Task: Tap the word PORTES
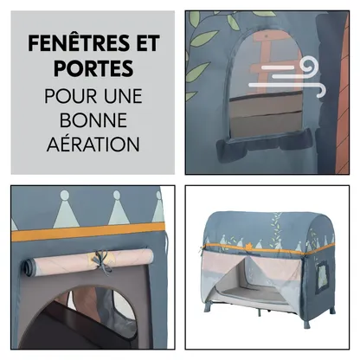(93, 68)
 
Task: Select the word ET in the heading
(148, 43)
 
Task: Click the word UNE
(123, 96)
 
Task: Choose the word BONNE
(93, 120)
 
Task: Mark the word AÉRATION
(93, 144)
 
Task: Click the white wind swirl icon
(288, 77)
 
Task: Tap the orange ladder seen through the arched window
(272, 61)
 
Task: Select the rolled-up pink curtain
(87, 261)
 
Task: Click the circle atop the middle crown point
(117, 195)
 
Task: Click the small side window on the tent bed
(322, 273)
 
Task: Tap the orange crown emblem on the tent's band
(248, 246)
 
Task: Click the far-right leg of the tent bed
(332, 311)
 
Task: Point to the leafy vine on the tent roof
(276, 231)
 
